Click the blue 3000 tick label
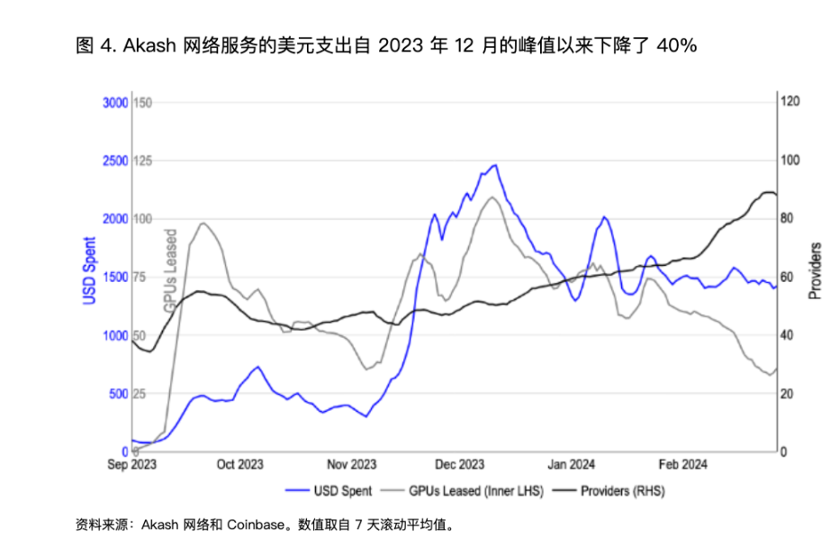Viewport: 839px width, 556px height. point(116,103)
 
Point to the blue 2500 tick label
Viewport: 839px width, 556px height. point(116,161)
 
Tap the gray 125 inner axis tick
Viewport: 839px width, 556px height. point(143,161)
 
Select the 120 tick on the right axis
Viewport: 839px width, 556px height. point(790,102)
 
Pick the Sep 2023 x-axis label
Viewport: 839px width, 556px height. point(131,465)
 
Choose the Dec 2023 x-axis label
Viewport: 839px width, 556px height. point(459,465)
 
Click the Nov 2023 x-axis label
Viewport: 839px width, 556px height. point(351,465)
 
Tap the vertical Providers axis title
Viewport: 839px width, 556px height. point(815,270)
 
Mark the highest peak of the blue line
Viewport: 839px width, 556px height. point(495,165)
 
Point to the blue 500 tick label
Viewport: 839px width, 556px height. point(119,394)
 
